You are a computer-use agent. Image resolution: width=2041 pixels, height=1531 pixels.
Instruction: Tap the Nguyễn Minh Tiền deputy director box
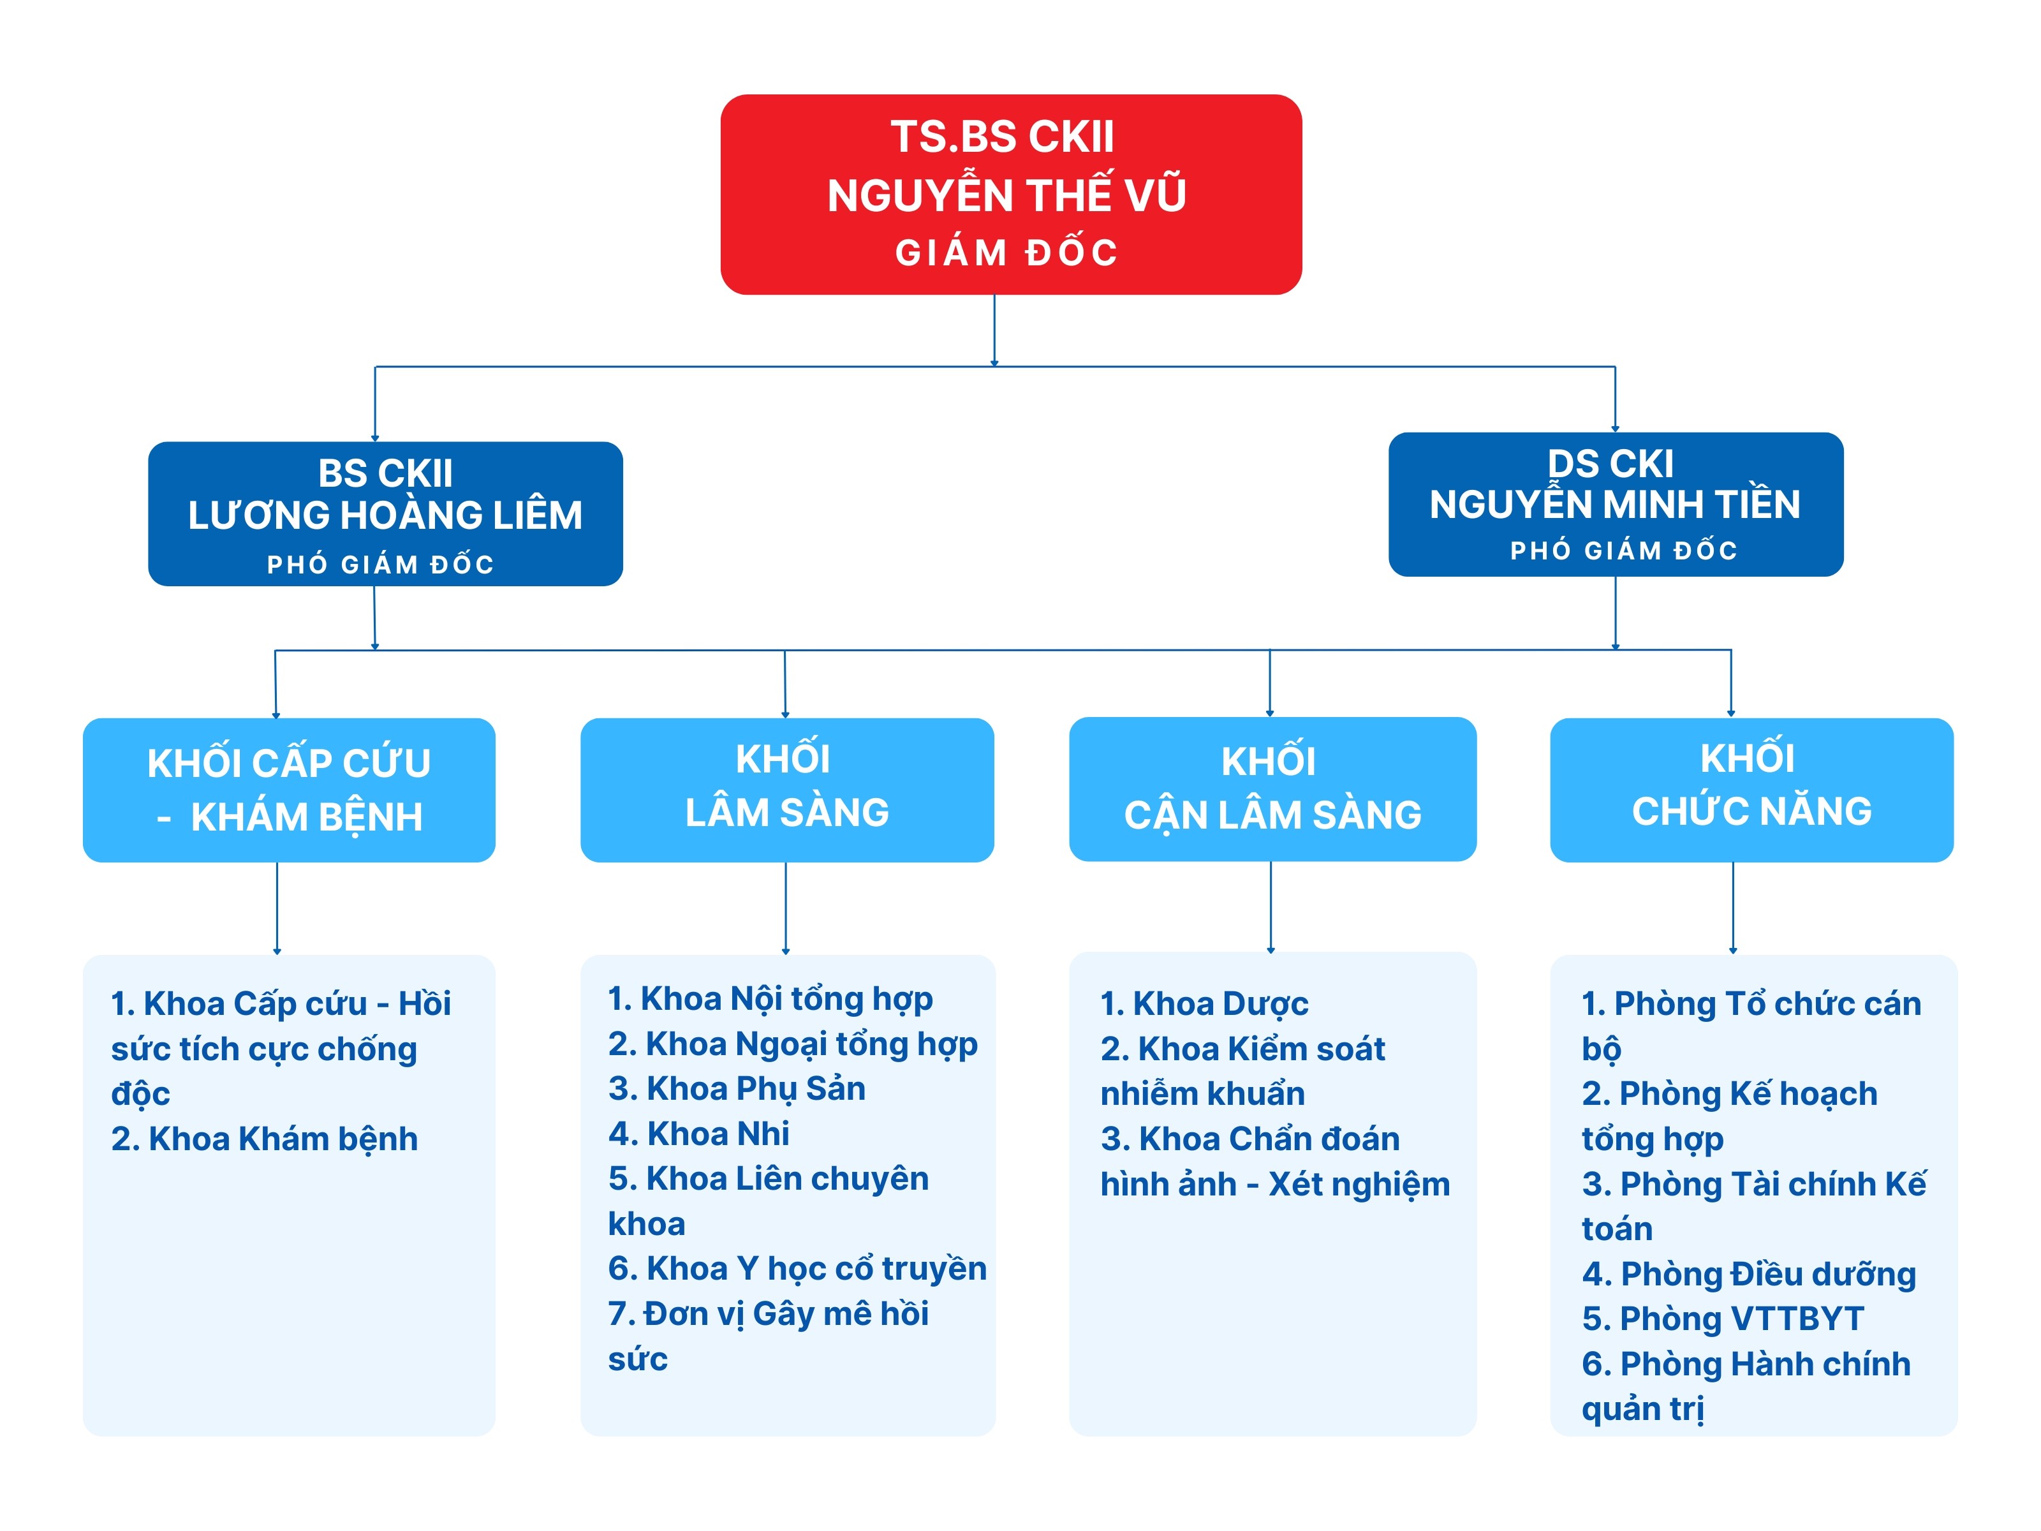(x=1615, y=504)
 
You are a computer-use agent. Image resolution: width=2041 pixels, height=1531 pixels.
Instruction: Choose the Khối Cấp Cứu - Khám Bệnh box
(x=289, y=790)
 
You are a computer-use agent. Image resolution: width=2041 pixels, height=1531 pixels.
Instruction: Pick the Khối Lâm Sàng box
(x=786, y=790)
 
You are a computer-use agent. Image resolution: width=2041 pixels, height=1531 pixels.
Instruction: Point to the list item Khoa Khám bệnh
(x=265, y=1139)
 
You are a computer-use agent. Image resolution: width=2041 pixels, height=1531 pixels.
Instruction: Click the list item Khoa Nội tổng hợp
(x=770, y=998)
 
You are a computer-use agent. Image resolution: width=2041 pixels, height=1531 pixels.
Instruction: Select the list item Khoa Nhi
(x=698, y=1133)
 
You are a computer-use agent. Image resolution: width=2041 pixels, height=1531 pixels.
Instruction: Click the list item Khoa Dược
(x=1204, y=1003)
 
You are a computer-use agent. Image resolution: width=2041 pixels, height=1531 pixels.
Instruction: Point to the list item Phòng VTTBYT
(x=1723, y=1319)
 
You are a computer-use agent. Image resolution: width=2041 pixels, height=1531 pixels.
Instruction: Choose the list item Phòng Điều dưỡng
(x=1748, y=1275)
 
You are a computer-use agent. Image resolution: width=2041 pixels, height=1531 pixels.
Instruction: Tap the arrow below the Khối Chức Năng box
(x=1733, y=908)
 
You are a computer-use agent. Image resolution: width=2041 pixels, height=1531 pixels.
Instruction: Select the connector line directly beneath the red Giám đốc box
(x=994, y=330)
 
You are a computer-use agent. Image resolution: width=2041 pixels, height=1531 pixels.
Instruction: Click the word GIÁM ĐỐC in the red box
(x=1006, y=253)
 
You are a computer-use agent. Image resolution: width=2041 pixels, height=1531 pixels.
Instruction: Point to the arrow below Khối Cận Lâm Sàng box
(x=1271, y=907)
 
